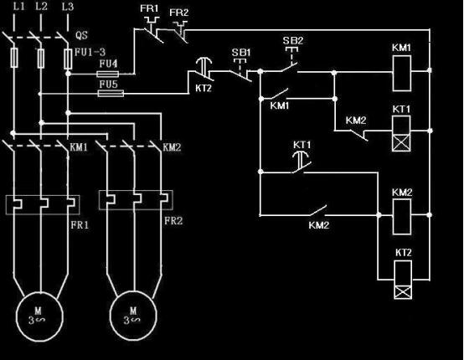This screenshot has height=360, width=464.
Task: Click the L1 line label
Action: [18, 7]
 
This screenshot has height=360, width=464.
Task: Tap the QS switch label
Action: [81, 35]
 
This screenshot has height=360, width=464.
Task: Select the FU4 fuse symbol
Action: [108, 74]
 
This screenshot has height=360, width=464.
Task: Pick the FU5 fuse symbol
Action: [111, 94]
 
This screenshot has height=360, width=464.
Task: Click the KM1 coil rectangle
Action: [401, 74]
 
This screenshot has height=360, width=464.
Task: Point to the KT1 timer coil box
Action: [401, 133]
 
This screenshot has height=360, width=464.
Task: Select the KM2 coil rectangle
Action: [401, 217]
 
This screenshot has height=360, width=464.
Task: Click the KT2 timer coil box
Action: [403, 280]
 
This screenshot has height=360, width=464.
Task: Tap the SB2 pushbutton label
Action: [292, 40]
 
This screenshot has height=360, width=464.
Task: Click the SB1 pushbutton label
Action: [241, 53]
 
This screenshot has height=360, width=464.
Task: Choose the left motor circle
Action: [39, 316]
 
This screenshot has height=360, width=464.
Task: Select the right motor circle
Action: [133, 316]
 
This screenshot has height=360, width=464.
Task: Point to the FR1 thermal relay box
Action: [43, 204]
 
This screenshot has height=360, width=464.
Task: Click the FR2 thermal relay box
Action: [136, 200]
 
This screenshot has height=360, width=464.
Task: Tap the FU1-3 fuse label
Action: [90, 53]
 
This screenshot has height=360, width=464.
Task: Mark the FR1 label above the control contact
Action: [149, 8]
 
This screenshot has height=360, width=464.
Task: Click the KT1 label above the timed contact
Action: [302, 145]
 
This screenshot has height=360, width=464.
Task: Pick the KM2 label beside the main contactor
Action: [172, 147]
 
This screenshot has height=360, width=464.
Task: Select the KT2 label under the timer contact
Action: [204, 88]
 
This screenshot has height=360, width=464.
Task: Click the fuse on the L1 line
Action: [14, 58]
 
